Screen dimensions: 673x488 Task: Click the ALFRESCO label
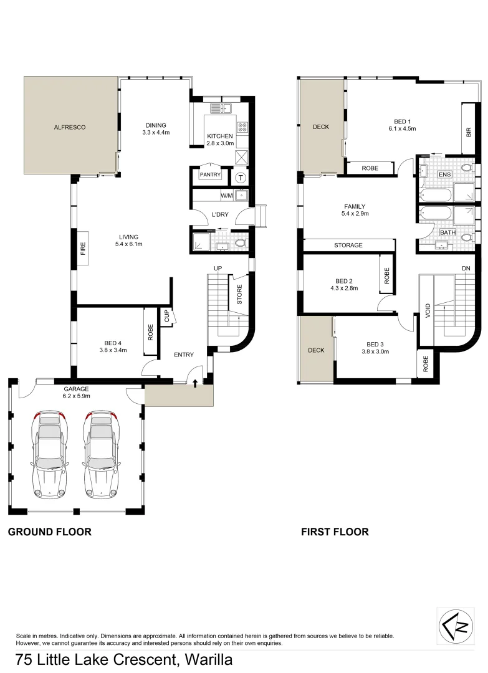tap(69, 127)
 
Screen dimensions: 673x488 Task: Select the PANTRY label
tap(210, 175)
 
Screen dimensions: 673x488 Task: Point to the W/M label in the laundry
tap(227, 196)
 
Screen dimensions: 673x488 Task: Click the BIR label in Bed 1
tap(468, 131)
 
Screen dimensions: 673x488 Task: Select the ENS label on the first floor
tap(444, 175)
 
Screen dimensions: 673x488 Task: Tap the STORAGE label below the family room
tap(348, 246)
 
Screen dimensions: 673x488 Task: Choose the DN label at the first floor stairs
tap(466, 269)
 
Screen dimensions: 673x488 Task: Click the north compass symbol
tap(456, 625)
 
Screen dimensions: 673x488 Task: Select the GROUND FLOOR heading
tap(50, 532)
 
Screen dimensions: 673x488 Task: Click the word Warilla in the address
tap(208, 659)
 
